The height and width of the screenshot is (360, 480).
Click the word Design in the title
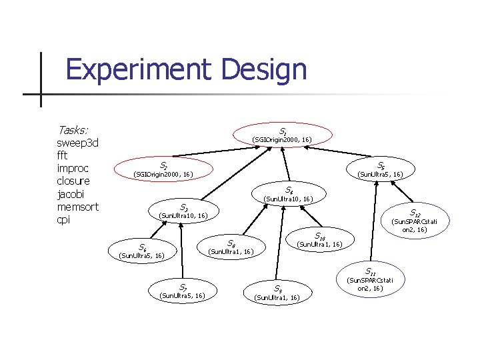[x=266, y=70]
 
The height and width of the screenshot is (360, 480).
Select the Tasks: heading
[x=73, y=130]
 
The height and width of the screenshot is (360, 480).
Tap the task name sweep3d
[x=79, y=143]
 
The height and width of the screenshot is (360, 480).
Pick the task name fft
[x=65, y=155]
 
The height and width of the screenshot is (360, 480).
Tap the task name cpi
[x=64, y=219]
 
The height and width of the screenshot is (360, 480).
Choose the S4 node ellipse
[x=289, y=194]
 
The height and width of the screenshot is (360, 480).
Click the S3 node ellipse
[x=184, y=211]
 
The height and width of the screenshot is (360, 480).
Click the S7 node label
[x=181, y=287]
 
